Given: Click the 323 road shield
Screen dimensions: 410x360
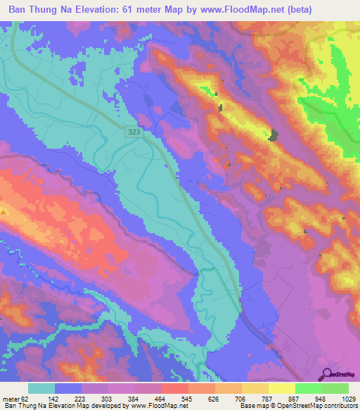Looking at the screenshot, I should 135,132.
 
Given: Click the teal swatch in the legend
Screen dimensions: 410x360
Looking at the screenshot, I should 41,388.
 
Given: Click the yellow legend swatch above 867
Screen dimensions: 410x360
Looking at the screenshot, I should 281,388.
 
